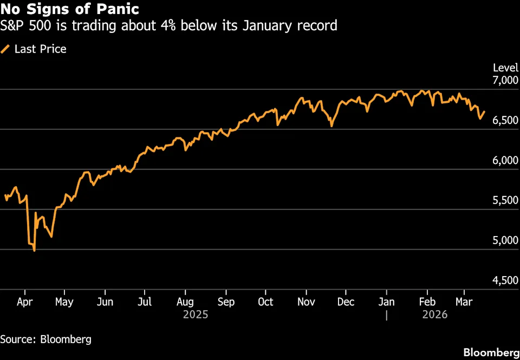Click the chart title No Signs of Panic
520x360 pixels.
click(x=69, y=9)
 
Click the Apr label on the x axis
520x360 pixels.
click(x=24, y=302)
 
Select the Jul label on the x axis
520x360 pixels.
click(x=144, y=302)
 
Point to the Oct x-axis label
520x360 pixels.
click(x=265, y=302)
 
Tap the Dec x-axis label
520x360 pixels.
click(x=346, y=302)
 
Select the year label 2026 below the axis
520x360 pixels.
click(x=434, y=314)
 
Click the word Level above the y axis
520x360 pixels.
click(x=505, y=68)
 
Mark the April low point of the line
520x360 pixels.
click(x=35, y=251)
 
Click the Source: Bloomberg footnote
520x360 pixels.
click(x=45, y=339)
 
